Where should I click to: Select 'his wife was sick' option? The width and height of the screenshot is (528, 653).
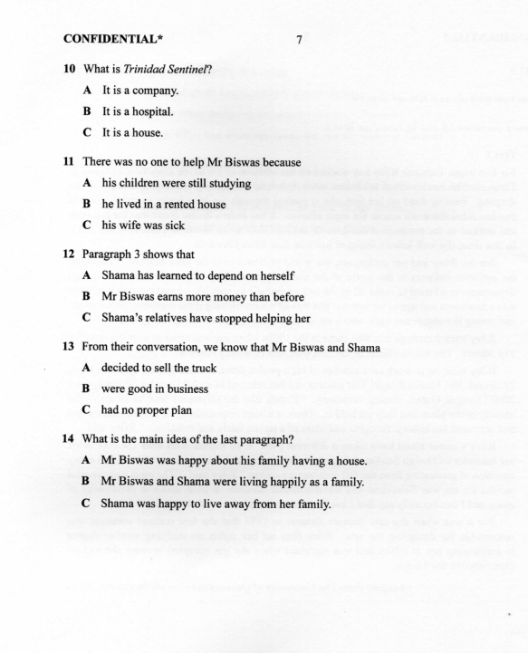[146, 224]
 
